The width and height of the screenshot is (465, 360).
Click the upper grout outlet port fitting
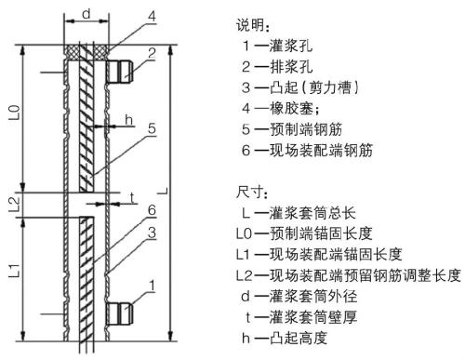click(x=122, y=68)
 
